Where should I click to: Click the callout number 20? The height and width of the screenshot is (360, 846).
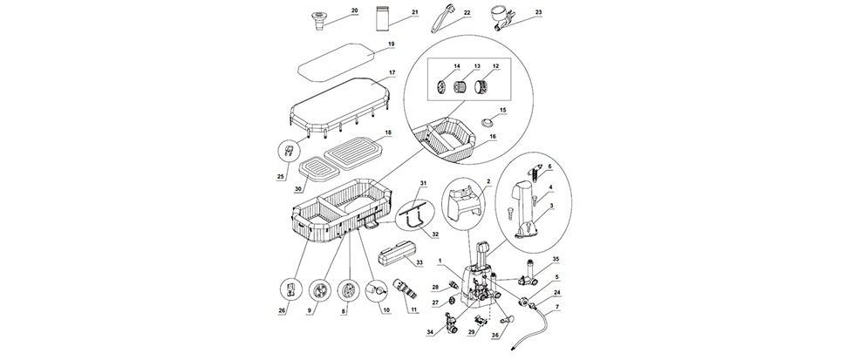(x=354, y=10)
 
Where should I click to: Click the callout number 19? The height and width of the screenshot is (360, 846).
(x=392, y=44)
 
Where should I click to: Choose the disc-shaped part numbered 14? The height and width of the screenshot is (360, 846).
(x=441, y=85)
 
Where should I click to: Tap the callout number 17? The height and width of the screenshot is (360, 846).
(x=392, y=71)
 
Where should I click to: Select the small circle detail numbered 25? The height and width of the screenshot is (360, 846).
(x=288, y=150)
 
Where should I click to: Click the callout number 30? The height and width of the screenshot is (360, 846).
(x=297, y=188)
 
